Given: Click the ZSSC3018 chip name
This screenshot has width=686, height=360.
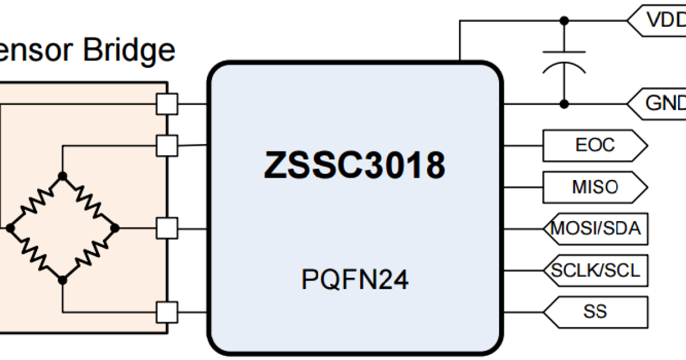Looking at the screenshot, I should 354,166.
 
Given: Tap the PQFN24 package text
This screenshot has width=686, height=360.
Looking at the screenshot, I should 354,281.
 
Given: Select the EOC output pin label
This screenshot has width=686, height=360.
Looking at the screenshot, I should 595,145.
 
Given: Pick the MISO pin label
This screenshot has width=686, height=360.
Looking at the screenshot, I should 595,187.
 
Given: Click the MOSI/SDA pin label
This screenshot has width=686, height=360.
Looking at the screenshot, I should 595,229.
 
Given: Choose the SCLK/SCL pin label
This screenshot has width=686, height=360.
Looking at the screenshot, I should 595,270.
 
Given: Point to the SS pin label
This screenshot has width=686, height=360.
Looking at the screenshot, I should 595,312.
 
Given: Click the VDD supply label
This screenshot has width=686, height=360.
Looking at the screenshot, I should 663,21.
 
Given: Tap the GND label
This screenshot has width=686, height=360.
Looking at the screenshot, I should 663,104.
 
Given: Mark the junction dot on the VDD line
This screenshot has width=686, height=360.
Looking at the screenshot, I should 564,21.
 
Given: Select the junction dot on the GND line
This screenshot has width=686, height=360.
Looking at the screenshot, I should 564,104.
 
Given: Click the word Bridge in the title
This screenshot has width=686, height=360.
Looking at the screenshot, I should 129,50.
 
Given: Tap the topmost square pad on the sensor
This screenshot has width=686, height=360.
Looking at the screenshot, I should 167,104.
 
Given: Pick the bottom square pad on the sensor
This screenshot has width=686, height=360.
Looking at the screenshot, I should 167,312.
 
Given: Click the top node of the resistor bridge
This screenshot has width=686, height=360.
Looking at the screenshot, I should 63,176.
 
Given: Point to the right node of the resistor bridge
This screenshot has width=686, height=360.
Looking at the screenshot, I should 114,228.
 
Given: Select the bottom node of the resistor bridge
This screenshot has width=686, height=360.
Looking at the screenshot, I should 63,279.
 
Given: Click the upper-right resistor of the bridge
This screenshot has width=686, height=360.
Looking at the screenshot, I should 89,201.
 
